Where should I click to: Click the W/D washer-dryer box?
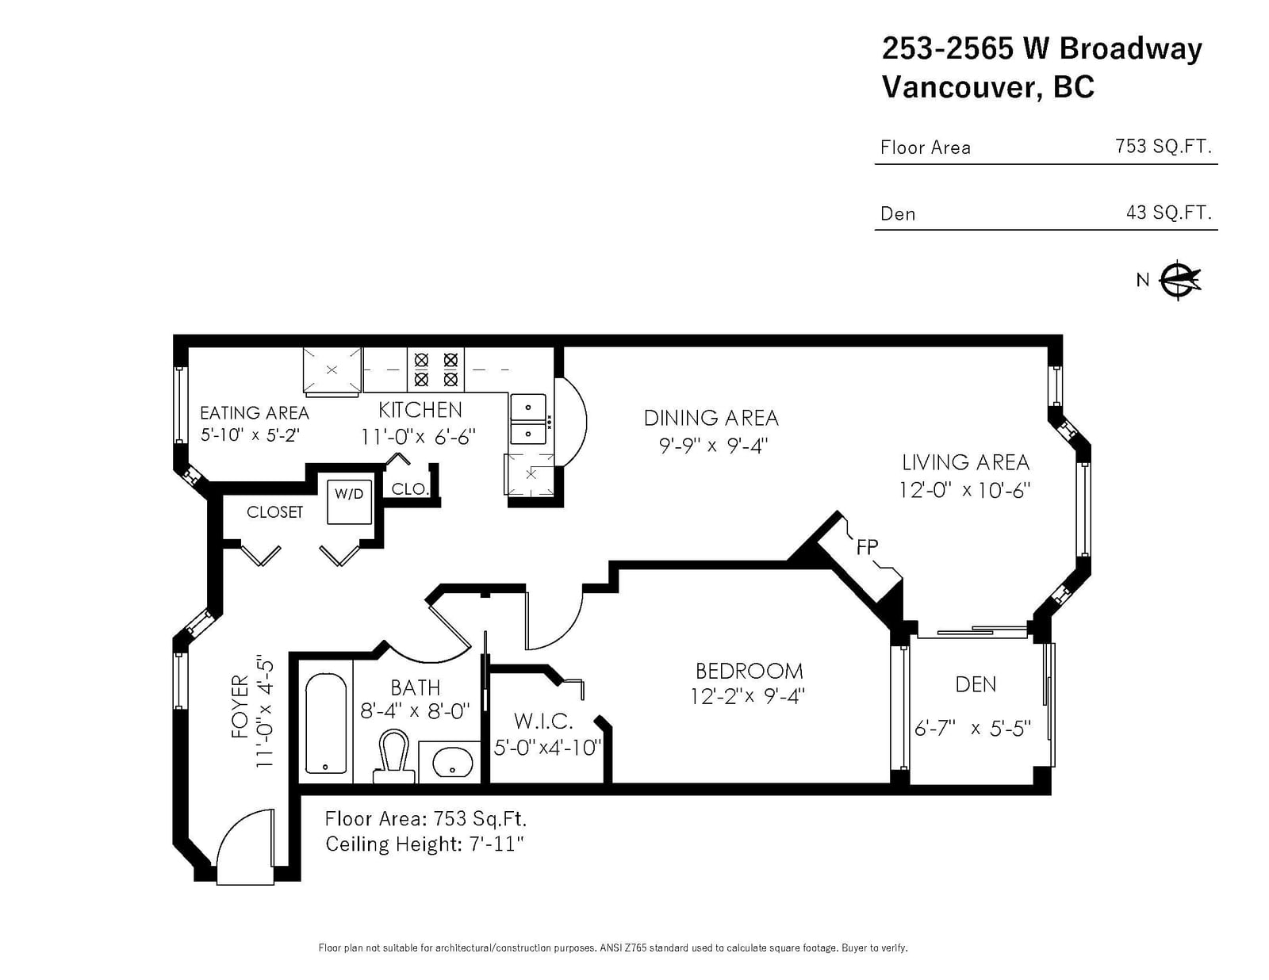[349, 501]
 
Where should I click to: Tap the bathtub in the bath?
[326, 723]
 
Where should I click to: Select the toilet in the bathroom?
[393, 756]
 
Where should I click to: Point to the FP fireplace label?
[867, 547]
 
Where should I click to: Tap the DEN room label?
[976, 684]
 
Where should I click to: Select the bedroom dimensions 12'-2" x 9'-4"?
[747, 696]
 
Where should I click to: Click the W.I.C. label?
[543, 722]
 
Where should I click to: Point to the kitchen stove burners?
[435, 370]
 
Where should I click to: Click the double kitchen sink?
[528, 419]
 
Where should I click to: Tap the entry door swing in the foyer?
[245, 846]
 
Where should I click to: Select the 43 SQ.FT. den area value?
[1168, 212]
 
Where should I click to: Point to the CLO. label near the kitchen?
[410, 489]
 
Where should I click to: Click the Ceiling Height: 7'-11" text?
[424, 844]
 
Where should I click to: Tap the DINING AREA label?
[711, 418]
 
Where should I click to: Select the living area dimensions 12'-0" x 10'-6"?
[964, 490]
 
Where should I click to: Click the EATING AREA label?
[254, 413]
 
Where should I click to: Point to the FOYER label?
[240, 706]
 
